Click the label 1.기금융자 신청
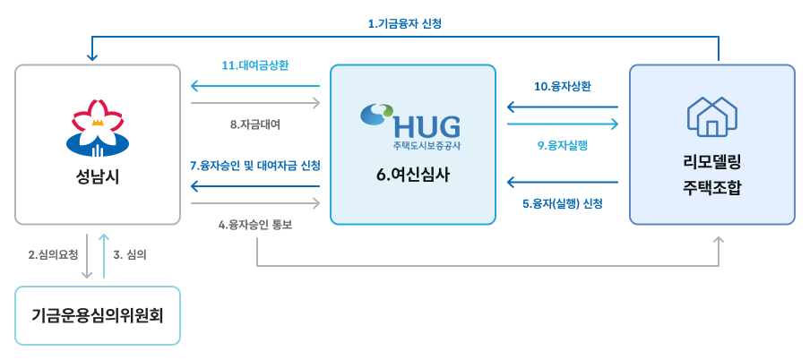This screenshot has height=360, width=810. [x=405, y=24]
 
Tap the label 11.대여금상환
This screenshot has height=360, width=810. [x=255, y=65]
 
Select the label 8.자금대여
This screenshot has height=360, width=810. [x=255, y=124]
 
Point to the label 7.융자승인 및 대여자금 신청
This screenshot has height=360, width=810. [x=255, y=166]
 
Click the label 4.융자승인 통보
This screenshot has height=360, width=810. [x=255, y=225]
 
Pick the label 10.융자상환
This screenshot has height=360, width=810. [x=562, y=86]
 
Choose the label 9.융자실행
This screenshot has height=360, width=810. [x=562, y=144]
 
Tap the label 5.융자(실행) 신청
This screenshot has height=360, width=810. [x=562, y=203]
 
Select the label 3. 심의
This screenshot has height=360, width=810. [x=131, y=254]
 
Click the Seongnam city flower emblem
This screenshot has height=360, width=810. [x=98, y=124]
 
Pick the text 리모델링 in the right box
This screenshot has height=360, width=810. [x=711, y=162]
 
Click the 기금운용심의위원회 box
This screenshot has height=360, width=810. [x=98, y=315]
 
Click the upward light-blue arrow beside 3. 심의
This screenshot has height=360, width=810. [x=104, y=255]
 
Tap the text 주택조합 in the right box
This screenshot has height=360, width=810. [x=711, y=189]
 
